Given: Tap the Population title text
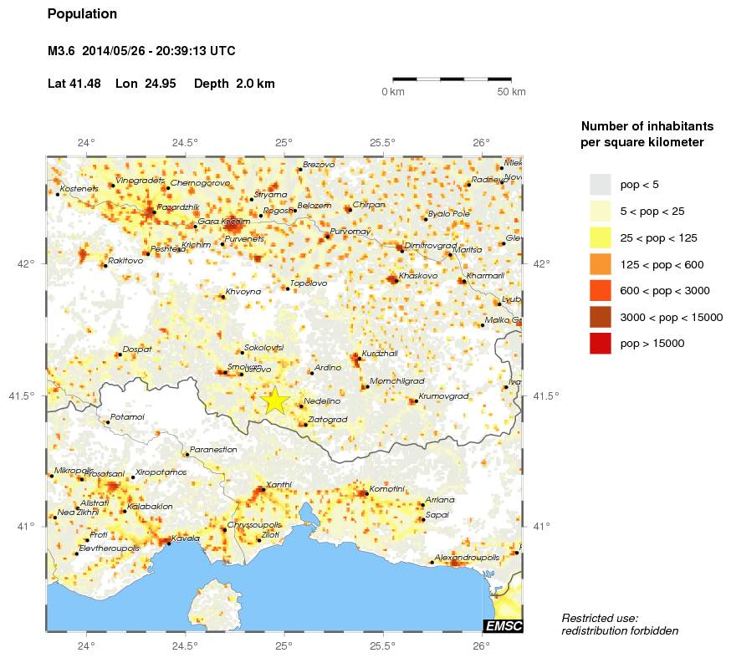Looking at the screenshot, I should [82, 14].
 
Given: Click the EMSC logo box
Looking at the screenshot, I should [503, 625].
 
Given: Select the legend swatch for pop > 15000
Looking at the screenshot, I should [601, 343].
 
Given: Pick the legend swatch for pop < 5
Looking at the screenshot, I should [601, 184].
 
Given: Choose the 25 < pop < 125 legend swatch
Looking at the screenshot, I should [601, 237].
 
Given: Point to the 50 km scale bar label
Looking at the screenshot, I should [511, 92].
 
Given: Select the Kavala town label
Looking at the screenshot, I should [185, 538].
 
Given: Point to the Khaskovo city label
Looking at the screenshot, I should [418, 275].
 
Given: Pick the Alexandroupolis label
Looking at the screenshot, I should [467, 557].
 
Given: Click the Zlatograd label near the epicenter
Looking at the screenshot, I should [327, 419].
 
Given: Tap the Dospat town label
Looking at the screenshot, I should [137, 349].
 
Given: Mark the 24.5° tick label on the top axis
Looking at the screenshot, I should [185, 142].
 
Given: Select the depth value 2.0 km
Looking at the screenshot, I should [254, 84].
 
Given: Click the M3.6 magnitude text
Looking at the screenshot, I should [62, 51].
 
